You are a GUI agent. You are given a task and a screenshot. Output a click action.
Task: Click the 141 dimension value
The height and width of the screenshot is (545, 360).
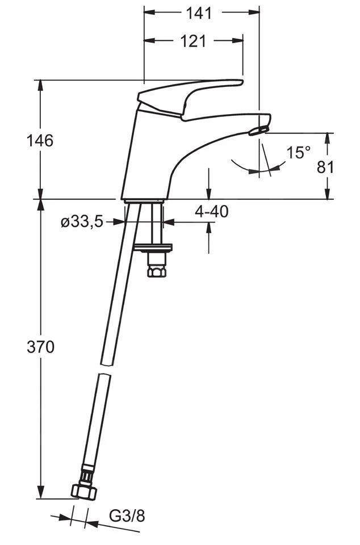click(199, 13)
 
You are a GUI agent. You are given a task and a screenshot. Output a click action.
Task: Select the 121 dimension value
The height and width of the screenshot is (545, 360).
click(193, 41)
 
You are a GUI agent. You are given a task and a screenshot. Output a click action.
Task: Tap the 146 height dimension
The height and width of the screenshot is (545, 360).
click(40, 140)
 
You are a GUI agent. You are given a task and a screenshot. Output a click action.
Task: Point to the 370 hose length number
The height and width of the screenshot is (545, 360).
click(41, 346)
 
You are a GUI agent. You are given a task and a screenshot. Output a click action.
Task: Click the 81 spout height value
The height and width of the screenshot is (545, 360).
click(325, 167)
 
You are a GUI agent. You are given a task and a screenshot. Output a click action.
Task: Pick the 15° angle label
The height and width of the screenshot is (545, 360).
click(299, 153)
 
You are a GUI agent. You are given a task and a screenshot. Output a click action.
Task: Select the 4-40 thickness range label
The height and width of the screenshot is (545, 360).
click(211, 211)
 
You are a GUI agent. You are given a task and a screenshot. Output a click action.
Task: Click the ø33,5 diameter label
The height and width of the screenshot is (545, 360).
click(82, 222)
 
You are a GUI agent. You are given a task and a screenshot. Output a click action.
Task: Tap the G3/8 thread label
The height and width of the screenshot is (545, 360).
click(127, 516)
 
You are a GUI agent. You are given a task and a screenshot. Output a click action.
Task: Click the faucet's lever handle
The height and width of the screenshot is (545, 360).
click(190, 99)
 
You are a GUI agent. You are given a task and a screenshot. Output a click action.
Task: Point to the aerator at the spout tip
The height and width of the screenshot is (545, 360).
click(259, 131)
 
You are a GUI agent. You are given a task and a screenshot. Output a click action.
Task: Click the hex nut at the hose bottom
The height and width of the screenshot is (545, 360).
click(83, 492)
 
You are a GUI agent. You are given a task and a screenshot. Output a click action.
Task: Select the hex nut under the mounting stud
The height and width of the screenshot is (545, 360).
click(156, 270)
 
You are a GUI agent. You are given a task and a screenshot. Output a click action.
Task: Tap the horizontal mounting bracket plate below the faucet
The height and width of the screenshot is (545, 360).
click(153, 248)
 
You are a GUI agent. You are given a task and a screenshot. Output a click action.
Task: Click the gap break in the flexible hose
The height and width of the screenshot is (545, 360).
click(105, 369)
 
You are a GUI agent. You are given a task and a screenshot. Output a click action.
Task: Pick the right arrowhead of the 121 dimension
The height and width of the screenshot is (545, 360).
click(238, 41)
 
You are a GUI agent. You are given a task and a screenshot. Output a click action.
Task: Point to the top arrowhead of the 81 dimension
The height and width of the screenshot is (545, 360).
click(327, 139)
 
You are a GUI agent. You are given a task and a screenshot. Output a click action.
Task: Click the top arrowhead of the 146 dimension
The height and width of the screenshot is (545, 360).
click(41, 86)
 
